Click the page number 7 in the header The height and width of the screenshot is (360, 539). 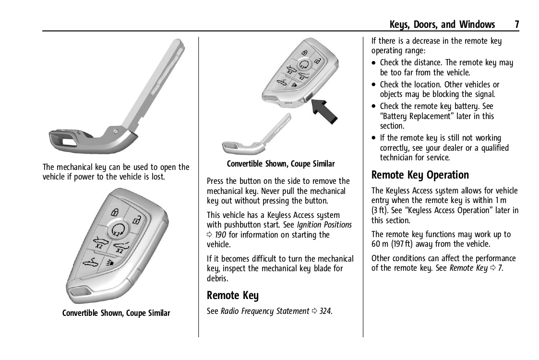click(516, 24)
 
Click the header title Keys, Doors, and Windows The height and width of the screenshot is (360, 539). click(442, 24)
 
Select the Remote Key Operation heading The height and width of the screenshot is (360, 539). click(420, 175)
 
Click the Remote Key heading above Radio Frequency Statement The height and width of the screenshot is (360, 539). click(232, 295)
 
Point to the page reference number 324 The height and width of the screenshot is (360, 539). click(325, 311)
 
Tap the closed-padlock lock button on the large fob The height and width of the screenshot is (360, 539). click(115, 211)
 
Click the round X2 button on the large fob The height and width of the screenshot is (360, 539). click(118, 230)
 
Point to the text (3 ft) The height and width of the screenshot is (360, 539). click(382, 210)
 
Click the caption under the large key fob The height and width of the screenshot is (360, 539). click(116, 313)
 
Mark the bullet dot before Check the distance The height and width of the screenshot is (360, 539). click(374, 63)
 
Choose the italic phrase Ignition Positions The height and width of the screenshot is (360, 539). click(324, 225)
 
